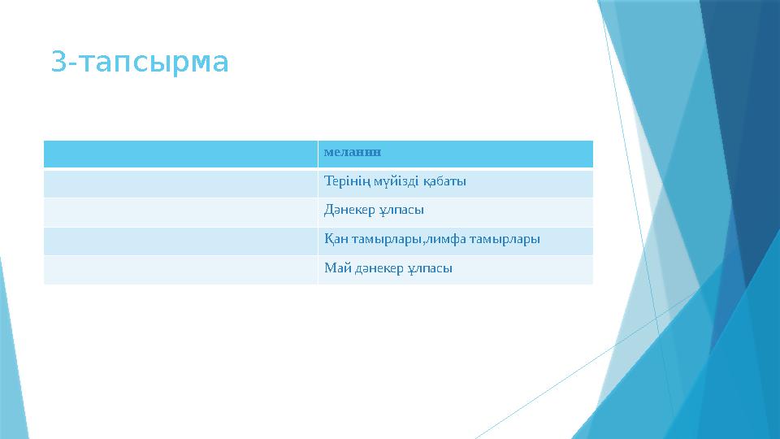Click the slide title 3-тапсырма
pyautogui.click(x=140, y=62)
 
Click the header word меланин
pyautogui.click(x=353, y=152)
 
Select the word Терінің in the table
pyautogui.click(x=344, y=181)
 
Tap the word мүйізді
pyautogui.click(x=393, y=181)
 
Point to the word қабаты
pyautogui.click(x=444, y=181)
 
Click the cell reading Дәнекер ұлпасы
pyautogui.click(x=374, y=211)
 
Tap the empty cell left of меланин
pyautogui.click(x=180, y=153)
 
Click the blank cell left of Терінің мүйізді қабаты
pyautogui.click(x=180, y=182)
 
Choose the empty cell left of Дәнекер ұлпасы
pyautogui.click(x=180, y=211)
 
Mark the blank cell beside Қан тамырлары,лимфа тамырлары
pyautogui.click(x=180, y=240)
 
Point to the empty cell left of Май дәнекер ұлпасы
pyautogui.click(x=180, y=269)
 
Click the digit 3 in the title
pyautogui.click(x=57, y=62)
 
